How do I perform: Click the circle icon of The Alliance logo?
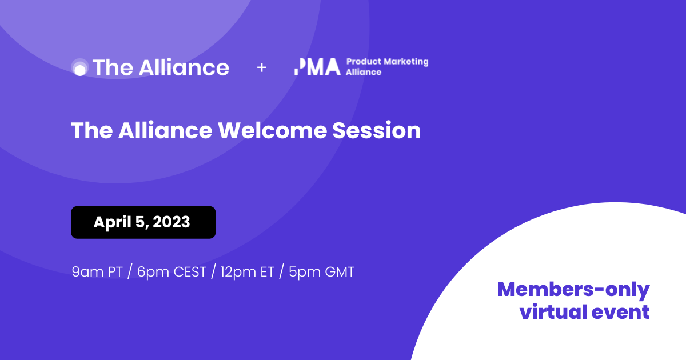coord(80,68)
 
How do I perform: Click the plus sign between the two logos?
coord(261,67)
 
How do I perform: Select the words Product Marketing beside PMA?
coord(387,62)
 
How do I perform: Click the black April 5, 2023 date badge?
coord(143,222)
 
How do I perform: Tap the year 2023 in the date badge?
coord(171,222)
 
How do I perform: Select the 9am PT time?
coord(97,272)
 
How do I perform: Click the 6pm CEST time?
coord(171,272)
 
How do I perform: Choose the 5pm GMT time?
coord(321,272)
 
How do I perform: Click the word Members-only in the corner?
coord(573,290)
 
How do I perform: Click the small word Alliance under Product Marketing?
coord(363,73)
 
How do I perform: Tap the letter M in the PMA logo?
coord(315,67)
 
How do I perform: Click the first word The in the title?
coord(92,131)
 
